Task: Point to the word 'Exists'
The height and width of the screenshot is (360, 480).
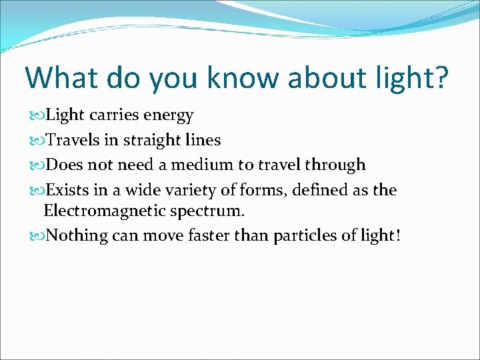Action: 68,190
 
